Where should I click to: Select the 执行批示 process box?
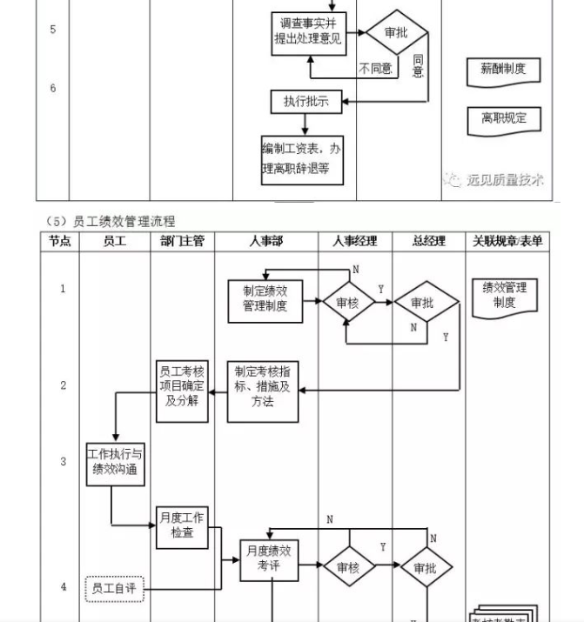(x=305, y=102)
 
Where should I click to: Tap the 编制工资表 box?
(x=301, y=158)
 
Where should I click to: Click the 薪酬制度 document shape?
(x=503, y=70)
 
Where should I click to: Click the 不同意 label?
(x=375, y=68)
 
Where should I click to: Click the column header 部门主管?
(x=182, y=242)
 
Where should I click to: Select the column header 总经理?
(x=428, y=242)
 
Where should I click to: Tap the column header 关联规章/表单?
(x=507, y=242)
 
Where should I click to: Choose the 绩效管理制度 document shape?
(x=504, y=298)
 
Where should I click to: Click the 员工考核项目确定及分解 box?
(x=183, y=391)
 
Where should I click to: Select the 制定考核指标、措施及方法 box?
(x=263, y=391)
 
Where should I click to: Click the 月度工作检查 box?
(x=183, y=526)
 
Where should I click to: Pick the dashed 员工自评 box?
(x=115, y=589)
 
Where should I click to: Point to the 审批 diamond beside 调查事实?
(x=396, y=33)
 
